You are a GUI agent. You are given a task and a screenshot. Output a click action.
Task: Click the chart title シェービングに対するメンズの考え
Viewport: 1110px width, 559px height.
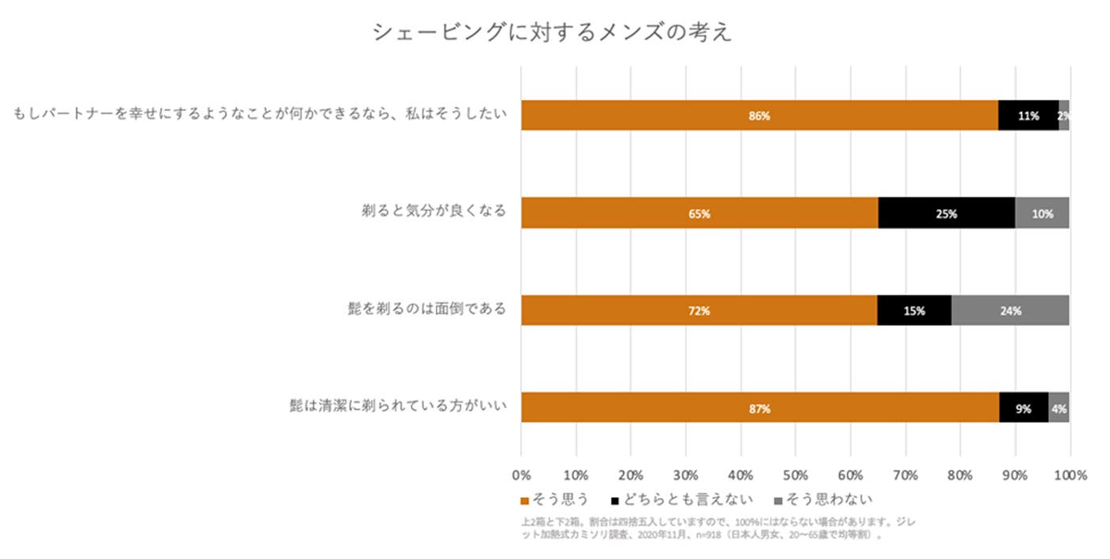pyautogui.click(x=553, y=33)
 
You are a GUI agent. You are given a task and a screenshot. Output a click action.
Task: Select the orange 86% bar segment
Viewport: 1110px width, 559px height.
pyautogui.click(x=759, y=116)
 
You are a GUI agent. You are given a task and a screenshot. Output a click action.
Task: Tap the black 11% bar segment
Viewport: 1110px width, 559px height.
pyautogui.click(x=1028, y=116)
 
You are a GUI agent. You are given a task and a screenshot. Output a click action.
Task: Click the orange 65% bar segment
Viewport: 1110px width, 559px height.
pyautogui.click(x=699, y=213)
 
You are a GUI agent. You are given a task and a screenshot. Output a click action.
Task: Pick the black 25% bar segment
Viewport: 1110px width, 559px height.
pyautogui.click(x=947, y=213)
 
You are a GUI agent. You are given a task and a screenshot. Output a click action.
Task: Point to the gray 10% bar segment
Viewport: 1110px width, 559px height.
pyautogui.click(x=1042, y=213)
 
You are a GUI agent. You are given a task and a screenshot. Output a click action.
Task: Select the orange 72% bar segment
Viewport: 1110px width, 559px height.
pyautogui.click(x=699, y=311)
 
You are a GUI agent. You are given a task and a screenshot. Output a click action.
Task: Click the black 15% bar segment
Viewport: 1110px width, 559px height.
pyautogui.click(x=914, y=311)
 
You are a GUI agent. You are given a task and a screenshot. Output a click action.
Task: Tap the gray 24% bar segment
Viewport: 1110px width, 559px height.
pyautogui.click(x=1010, y=311)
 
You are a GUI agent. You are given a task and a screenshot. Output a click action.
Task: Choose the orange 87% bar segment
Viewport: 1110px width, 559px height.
pyautogui.click(x=760, y=408)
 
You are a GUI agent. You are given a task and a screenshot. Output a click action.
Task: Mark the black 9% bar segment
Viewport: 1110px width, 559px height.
pyautogui.click(x=1024, y=408)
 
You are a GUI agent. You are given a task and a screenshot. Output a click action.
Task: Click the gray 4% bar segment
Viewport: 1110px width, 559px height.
pyautogui.click(x=1058, y=408)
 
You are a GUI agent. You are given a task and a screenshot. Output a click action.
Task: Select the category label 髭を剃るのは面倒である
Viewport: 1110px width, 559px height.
pyautogui.click(x=421, y=308)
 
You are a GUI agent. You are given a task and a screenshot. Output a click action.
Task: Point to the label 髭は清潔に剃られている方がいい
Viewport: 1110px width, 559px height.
pyautogui.click(x=397, y=407)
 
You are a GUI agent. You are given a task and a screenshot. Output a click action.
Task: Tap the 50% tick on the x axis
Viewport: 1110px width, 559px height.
pyautogui.click(x=795, y=476)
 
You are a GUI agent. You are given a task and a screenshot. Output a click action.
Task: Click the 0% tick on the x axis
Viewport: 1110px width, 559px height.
pyautogui.click(x=521, y=476)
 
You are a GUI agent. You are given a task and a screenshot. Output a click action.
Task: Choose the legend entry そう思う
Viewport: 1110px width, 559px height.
pyautogui.click(x=555, y=500)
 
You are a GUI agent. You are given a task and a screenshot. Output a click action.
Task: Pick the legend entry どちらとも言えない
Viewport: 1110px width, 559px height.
pyautogui.click(x=681, y=500)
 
